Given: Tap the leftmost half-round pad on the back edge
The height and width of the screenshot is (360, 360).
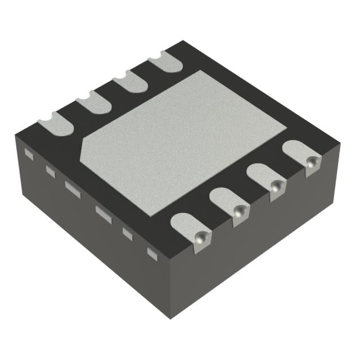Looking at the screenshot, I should pos(55,122).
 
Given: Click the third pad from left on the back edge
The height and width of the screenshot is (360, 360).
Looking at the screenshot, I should pos(130,83).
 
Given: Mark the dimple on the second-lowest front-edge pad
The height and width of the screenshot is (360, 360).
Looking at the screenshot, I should pos(240,212).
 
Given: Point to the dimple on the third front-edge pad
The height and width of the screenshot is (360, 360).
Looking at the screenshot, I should pos(276,187).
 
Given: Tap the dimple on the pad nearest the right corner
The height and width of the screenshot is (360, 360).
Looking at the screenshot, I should pos(310,163).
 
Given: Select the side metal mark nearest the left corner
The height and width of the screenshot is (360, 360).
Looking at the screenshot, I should pos(28,153).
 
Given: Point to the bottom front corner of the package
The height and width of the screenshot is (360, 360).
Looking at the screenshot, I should pos(169,318).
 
